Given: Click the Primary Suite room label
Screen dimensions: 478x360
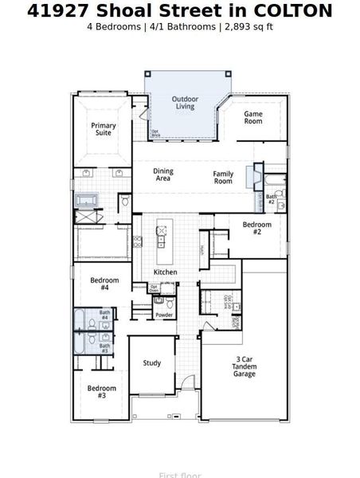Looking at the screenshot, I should (x=103, y=130).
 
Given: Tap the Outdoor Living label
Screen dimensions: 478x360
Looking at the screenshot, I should (x=184, y=103).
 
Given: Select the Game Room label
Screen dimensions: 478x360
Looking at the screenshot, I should (x=252, y=117).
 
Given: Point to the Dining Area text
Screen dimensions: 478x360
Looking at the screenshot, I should (x=162, y=174).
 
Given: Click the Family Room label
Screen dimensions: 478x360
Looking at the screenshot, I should (x=223, y=177).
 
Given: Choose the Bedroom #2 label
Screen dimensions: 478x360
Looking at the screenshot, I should (x=256, y=228).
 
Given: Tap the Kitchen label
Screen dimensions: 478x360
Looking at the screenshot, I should (x=165, y=272).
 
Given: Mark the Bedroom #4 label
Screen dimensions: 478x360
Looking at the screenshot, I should (x=104, y=284).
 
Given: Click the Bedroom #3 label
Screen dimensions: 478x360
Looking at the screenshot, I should (x=101, y=392).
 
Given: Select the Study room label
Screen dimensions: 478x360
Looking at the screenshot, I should (x=151, y=363).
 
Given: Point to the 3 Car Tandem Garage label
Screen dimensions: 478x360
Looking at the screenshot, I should (x=244, y=366).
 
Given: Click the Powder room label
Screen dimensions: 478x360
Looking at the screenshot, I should (x=164, y=315).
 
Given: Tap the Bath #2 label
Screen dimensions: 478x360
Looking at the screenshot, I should (x=271, y=198).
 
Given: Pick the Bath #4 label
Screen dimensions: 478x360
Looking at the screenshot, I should (x=104, y=315).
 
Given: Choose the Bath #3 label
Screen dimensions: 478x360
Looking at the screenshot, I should (x=104, y=347).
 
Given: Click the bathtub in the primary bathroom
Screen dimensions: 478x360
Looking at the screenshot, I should (x=84, y=200).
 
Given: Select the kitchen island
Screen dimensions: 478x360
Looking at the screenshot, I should (x=165, y=241).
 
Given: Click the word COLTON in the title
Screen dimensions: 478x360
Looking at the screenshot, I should (x=292, y=10).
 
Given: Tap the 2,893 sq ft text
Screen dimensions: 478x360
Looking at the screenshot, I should (x=247, y=26).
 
